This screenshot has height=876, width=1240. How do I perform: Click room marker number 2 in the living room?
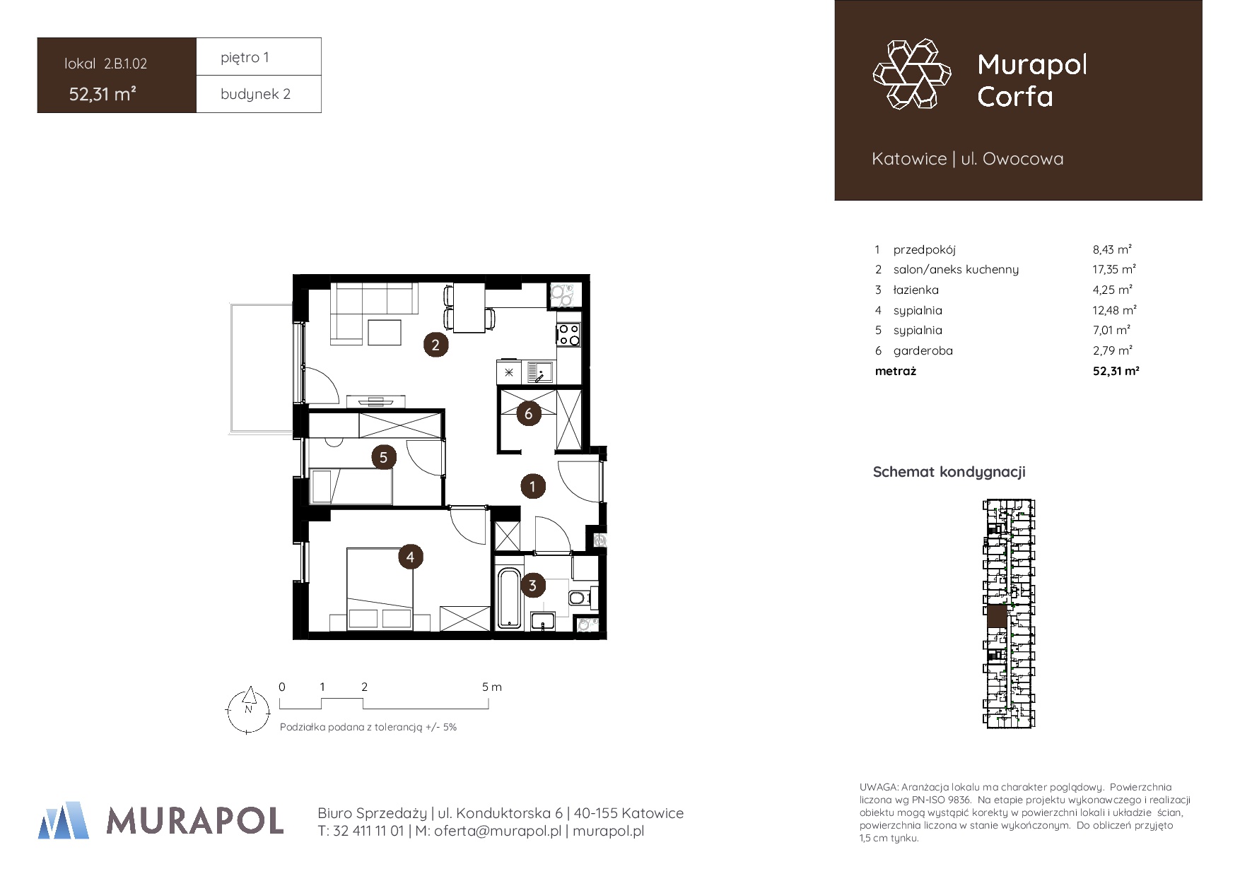435,345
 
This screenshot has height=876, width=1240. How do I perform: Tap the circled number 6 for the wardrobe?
528,414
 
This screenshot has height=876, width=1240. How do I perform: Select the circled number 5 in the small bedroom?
384,457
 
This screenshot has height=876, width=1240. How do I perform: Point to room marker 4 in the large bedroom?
411,557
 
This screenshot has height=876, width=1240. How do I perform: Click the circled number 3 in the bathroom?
532,585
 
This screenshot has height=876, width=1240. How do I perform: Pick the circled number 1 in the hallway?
533,486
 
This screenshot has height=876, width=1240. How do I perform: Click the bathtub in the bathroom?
508,598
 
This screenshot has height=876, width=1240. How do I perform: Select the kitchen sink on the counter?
541,372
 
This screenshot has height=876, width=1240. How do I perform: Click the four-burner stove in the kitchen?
568,334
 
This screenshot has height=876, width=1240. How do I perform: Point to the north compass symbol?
247,709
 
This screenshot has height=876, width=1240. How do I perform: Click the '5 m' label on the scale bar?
492,687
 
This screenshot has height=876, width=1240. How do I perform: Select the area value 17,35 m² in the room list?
1114,269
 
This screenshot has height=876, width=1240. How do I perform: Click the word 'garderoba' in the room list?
923,350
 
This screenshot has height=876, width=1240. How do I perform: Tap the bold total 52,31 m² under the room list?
1116,371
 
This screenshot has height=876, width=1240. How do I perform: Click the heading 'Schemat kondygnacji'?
949,472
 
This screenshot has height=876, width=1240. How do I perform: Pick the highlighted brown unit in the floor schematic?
997,615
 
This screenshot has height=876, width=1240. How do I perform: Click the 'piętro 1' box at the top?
259,57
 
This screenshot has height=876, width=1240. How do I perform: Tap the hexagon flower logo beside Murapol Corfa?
912,74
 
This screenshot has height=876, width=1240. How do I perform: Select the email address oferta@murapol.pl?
498,831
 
